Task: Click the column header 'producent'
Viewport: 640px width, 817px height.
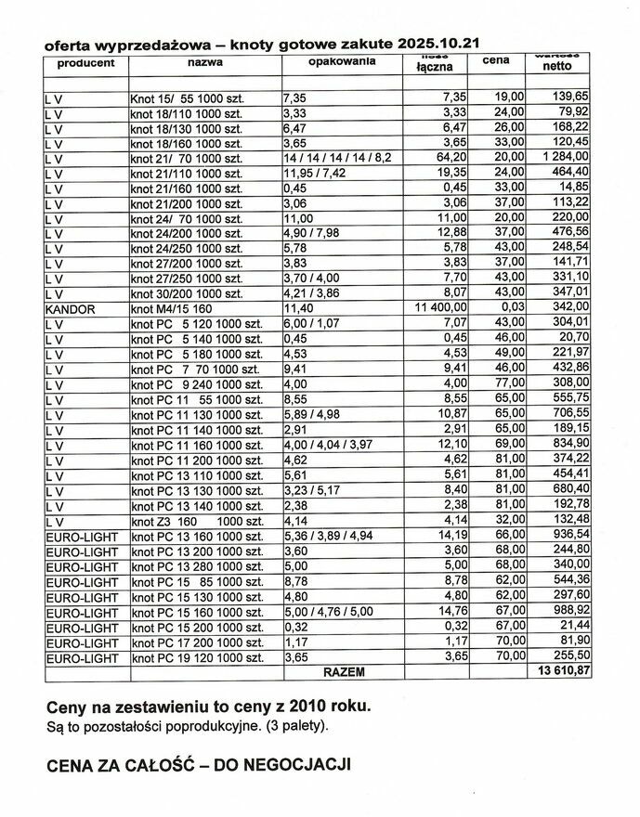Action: pos(85,63)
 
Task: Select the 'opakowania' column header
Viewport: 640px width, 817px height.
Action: pos(341,60)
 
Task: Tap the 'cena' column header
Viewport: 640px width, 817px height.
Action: pos(497,62)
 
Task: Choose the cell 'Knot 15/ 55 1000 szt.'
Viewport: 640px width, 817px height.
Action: pos(186,97)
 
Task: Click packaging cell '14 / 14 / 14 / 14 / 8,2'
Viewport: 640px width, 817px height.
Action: pos(337,158)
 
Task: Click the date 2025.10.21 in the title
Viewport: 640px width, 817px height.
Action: pos(440,44)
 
